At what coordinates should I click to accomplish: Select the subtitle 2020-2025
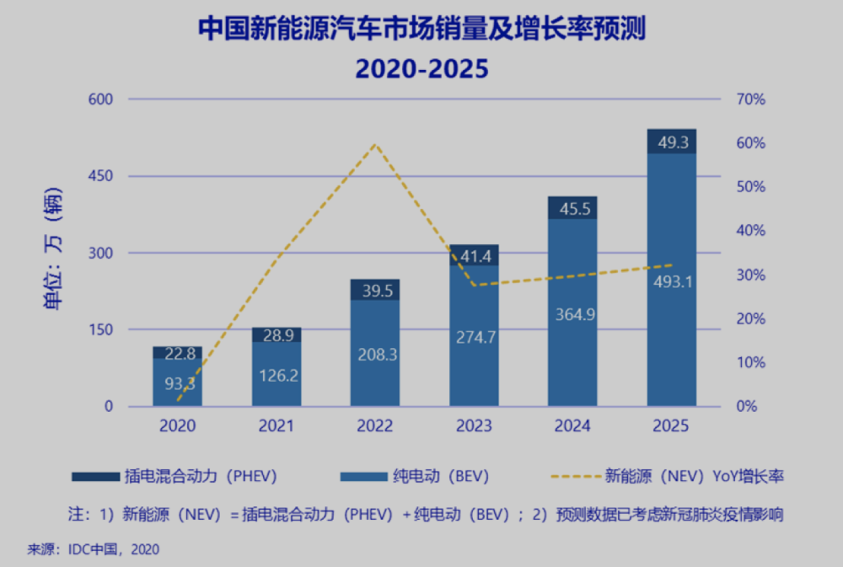pos(421,68)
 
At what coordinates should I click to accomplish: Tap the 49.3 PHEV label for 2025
pos(673,142)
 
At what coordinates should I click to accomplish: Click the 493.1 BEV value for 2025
pos(673,281)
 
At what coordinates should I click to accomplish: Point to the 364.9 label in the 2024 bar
pos(573,314)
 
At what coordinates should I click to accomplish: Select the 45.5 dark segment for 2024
pos(573,208)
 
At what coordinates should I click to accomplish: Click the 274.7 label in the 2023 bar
pos(475,337)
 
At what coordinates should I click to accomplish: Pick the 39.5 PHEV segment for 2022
pos(375,290)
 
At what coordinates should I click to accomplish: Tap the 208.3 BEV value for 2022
pos(375,355)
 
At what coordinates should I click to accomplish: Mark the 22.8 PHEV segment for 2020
pos(177,353)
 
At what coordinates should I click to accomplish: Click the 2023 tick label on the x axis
pos(475,425)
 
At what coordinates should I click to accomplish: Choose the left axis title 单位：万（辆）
pos(55,253)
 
